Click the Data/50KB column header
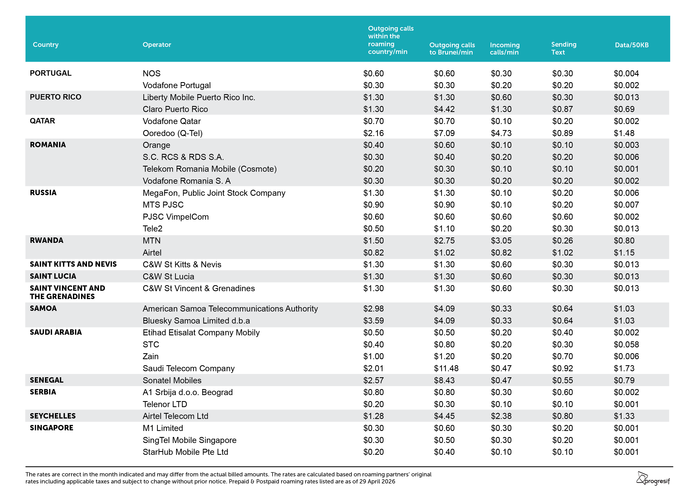(x=631, y=45)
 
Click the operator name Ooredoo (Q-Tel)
(x=172, y=133)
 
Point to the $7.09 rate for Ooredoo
(x=444, y=133)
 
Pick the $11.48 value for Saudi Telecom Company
(x=446, y=368)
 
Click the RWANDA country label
(x=47, y=240)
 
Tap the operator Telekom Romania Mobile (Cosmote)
(x=209, y=169)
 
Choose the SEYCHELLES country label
(x=53, y=416)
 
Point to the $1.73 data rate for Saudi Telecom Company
(x=624, y=368)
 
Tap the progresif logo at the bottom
(x=653, y=478)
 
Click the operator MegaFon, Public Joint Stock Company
(x=214, y=193)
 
